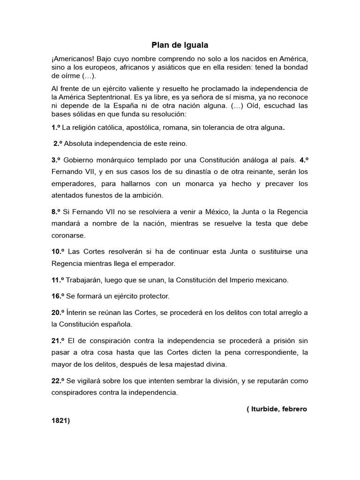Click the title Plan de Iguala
(180, 45)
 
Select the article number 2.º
(59, 143)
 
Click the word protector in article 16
(153, 296)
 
